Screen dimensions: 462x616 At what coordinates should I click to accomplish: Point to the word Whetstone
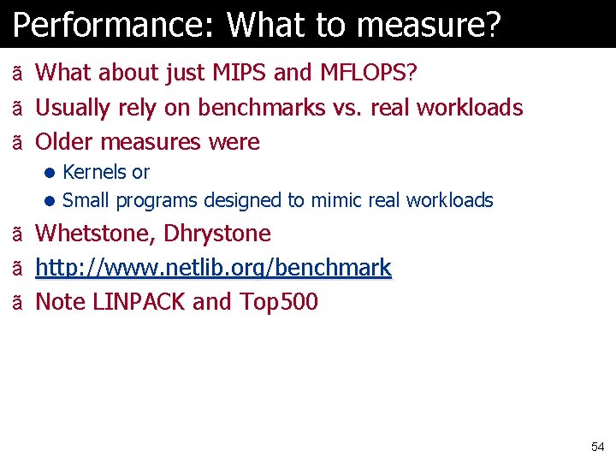[92, 234]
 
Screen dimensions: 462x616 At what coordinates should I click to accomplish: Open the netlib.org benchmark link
[213, 268]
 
